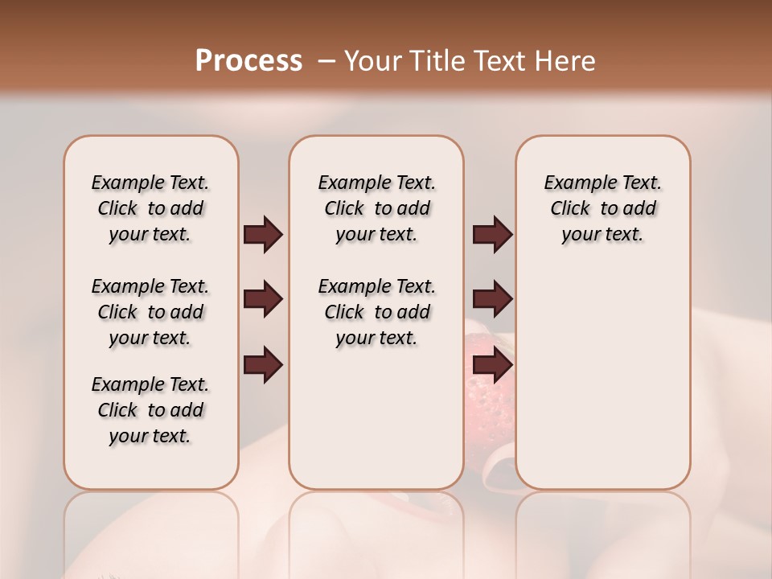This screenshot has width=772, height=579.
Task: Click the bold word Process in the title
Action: pos(248,61)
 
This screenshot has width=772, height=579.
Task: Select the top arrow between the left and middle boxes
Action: pos(263,235)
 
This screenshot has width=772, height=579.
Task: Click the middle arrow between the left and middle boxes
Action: pos(263,300)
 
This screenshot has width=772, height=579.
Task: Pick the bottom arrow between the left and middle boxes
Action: pos(263,365)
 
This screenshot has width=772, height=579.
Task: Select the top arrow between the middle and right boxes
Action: pos(492,235)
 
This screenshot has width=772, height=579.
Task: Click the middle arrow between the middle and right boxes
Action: pos(492,300)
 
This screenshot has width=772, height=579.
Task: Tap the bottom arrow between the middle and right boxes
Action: pos(492,365)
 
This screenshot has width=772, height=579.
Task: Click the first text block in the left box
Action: pos(150,208)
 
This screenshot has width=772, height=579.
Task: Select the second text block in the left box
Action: pos(150,312)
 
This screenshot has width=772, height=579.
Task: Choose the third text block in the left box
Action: pos(150,410)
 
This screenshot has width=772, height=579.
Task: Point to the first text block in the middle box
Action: pos(376,208)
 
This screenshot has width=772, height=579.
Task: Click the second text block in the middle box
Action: pos(376,312)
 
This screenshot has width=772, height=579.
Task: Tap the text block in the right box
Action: pos(603,208)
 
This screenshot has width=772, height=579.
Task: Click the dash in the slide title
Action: pos(326,61)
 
